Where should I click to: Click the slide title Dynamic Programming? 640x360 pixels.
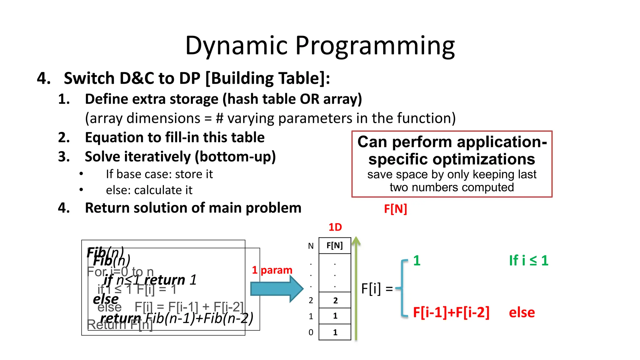(320, 46)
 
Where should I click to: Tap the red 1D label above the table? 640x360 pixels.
(335, 227)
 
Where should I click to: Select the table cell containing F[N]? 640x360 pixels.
(335, 246)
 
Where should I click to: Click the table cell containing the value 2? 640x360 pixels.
(335, 300)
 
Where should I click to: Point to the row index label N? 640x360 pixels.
(311, 246)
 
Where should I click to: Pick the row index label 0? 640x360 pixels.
(311, 332)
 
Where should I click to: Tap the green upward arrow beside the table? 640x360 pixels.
(356, 287)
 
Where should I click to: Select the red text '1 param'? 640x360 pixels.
(272, 270)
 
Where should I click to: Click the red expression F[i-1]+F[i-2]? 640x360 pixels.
(451, 312)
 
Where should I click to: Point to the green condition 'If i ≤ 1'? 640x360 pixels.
(528, 261)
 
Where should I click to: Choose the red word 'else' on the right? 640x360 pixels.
(522, 312)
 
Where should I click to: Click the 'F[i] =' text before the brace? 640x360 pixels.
(377, 289)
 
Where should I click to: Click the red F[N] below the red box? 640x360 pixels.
(395, 209)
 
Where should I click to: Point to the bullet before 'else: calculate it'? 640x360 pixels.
(81, 190)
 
